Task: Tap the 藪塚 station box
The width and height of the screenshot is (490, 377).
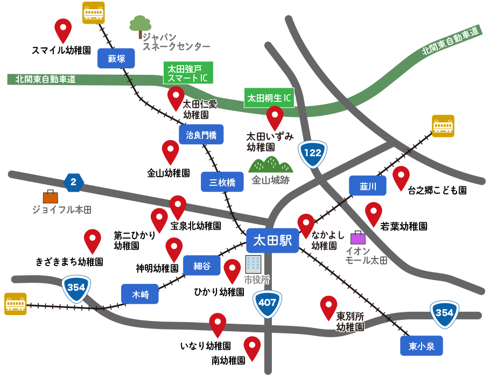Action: click(116, 58)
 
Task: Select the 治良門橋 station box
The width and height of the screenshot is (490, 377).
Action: click(201, 135)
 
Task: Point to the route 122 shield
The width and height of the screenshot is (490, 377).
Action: click(313, 152)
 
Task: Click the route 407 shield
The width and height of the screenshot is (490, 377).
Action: click(267, 303)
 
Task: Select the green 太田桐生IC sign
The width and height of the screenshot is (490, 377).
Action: click(269, 98)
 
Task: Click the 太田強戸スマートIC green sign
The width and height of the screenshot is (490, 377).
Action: click(188, 73)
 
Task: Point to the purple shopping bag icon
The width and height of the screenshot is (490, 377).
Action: click(358, 238)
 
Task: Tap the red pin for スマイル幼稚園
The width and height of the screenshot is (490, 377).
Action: click(64, 30)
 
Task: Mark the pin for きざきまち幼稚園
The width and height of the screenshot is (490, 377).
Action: click(93, 241)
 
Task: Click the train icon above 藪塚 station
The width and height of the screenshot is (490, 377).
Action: click(93, 13)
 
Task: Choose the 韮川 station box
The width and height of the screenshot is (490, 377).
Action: click(368, 186)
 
